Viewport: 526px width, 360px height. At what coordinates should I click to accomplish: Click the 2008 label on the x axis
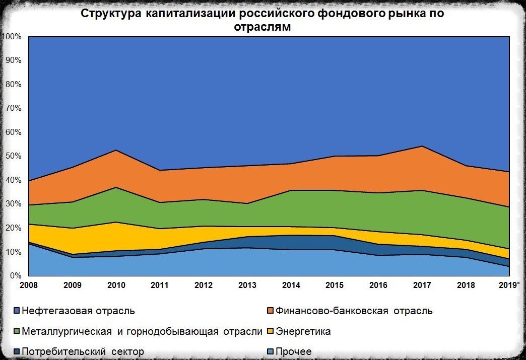coord(29,285)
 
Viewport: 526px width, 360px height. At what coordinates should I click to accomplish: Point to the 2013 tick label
coord(247,285)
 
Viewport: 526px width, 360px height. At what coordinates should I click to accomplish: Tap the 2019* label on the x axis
coord(509,285)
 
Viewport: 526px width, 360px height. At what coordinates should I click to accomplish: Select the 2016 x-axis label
coord(378,285)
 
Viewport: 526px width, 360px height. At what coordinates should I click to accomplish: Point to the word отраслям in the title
coord(262,27)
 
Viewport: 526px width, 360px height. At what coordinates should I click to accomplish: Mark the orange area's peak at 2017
coord(422,146)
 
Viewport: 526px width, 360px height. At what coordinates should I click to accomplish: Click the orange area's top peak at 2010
coord(116,150)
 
